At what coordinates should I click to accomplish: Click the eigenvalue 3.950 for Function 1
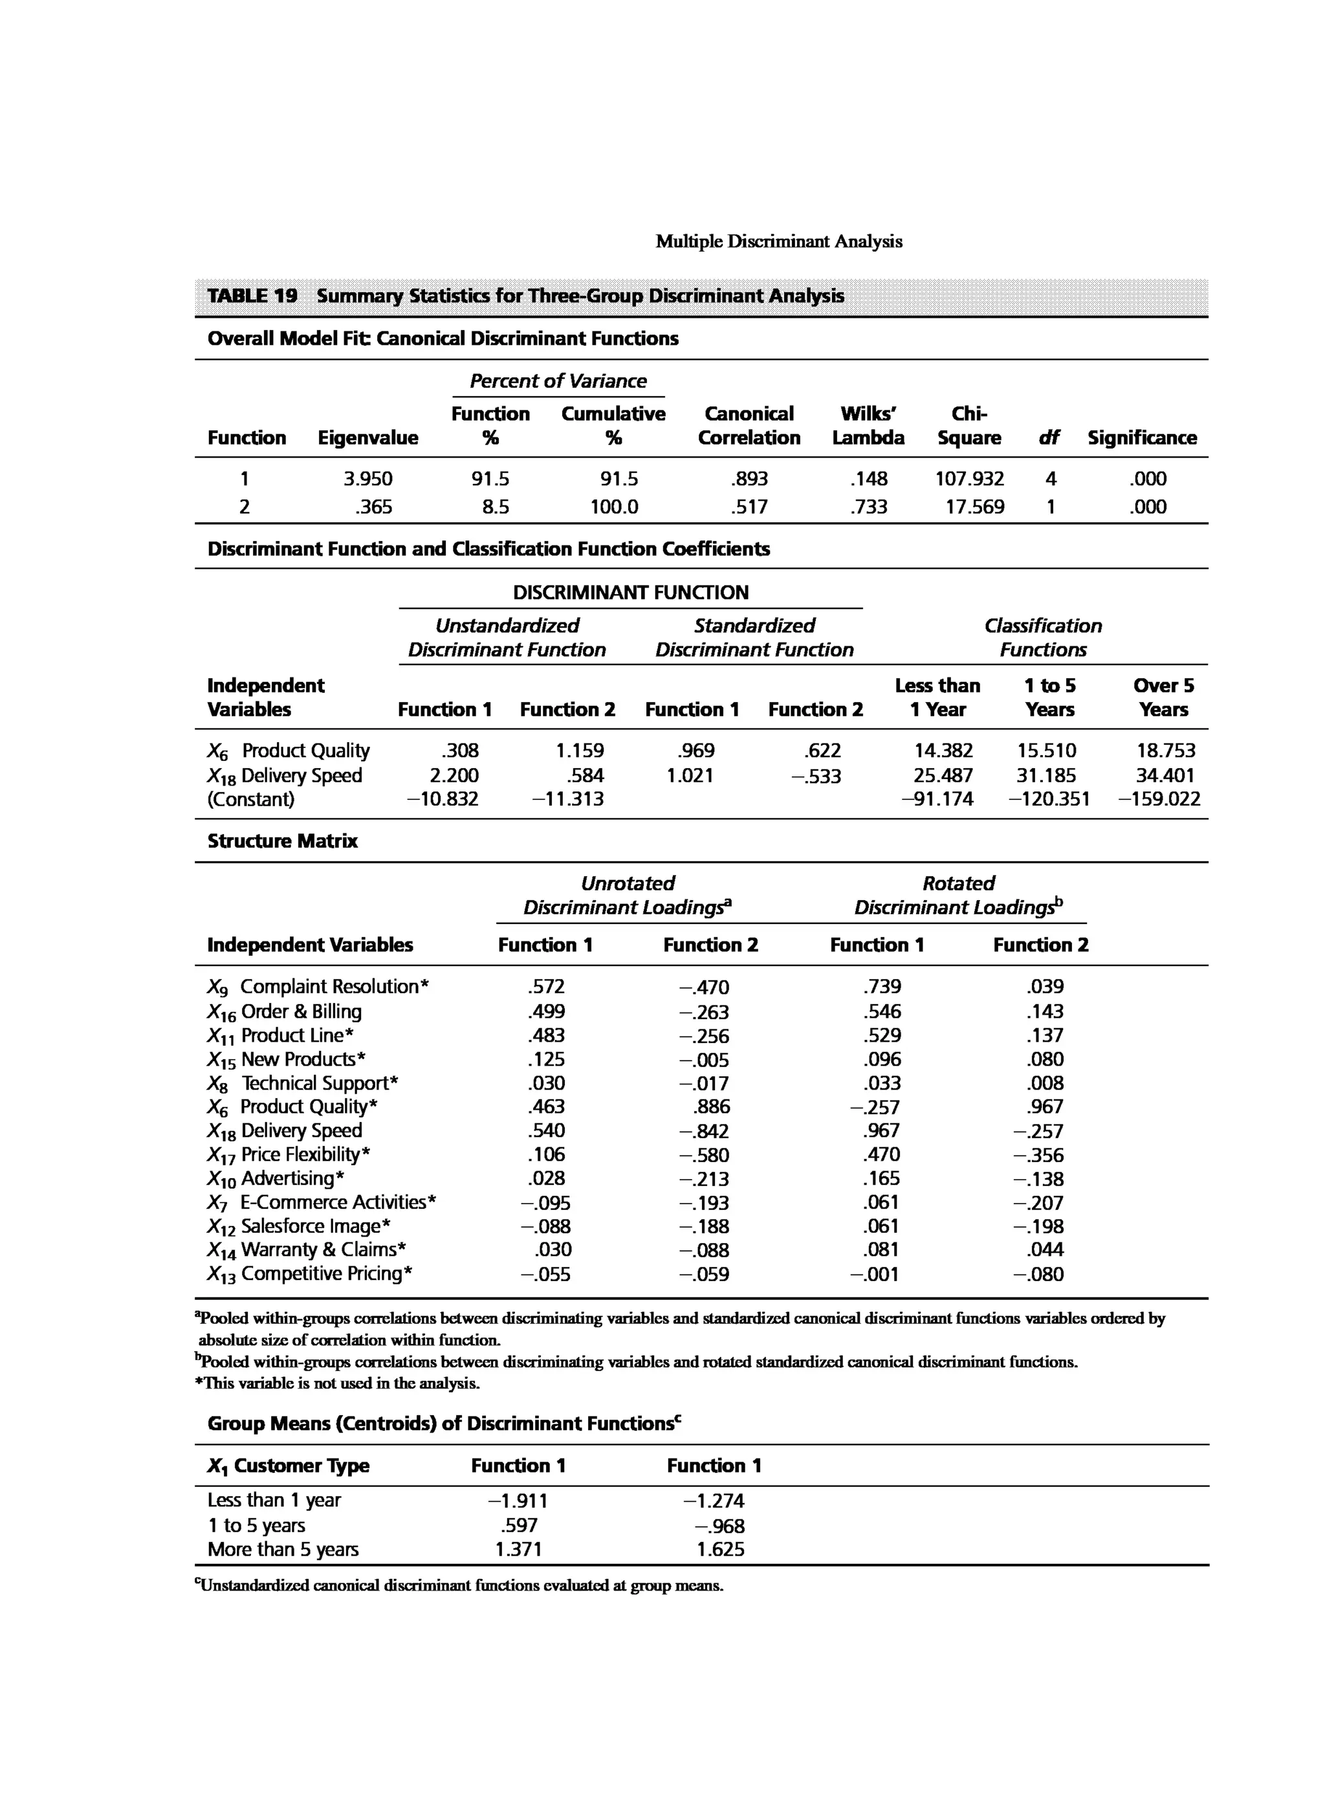tap(367, 479)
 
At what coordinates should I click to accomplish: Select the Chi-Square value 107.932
tap(969, 479)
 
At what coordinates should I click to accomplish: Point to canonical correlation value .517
tap(749, 507)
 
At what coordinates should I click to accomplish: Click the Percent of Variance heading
tap(558, 381)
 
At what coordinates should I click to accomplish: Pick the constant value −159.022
tap(1159, 799)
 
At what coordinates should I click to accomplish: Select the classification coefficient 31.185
tap(1047, 776)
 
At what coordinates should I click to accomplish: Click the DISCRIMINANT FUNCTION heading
tap(630, 593)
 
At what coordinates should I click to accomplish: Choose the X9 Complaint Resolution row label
tap(318, 987)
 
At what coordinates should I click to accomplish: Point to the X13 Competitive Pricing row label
tap(309, 1274)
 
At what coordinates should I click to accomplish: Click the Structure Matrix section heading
tap(282, 841)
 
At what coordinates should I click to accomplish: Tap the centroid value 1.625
tap(720, 1550)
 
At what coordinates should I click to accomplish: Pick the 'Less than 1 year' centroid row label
tap(274, 1500)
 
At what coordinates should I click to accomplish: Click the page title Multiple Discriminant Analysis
tap(778, 241)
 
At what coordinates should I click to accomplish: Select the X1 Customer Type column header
tap(288, 1466)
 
